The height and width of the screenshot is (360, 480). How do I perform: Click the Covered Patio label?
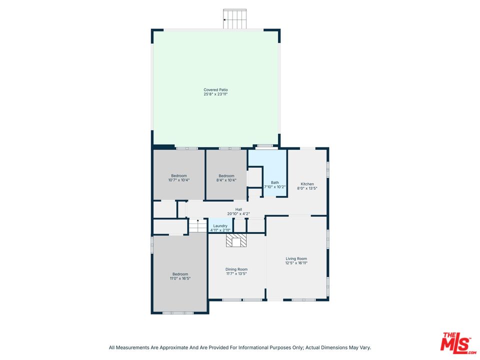coord(216,90)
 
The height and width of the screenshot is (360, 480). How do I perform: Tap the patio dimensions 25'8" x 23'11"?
coord(216,94)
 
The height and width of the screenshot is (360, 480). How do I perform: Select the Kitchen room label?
coord(307,184)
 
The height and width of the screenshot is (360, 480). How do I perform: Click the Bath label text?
coord(275,182)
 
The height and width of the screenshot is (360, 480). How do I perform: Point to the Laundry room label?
coord(220,226)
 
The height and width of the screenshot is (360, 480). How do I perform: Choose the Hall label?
coord(239,209)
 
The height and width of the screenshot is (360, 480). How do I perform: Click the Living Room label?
coord(296,258)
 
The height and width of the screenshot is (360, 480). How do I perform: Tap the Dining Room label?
coord(236,269)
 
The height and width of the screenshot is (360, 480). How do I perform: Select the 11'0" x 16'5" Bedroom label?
coord(180,274)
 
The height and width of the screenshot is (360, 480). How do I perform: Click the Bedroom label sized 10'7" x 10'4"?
coord(179,175)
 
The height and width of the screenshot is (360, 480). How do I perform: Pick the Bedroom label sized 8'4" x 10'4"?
coord(226,175)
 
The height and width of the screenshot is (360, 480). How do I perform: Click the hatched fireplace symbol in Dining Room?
coord(236,241)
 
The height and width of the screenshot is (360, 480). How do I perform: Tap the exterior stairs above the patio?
coord(235,19)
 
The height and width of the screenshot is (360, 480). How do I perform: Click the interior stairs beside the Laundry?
coord(197,226)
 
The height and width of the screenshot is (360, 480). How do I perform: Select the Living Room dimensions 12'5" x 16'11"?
coord(296,263)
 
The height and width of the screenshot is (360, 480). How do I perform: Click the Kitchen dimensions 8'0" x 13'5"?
coord(307,188)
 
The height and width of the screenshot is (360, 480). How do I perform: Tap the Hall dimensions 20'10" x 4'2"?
coord(239,214)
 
